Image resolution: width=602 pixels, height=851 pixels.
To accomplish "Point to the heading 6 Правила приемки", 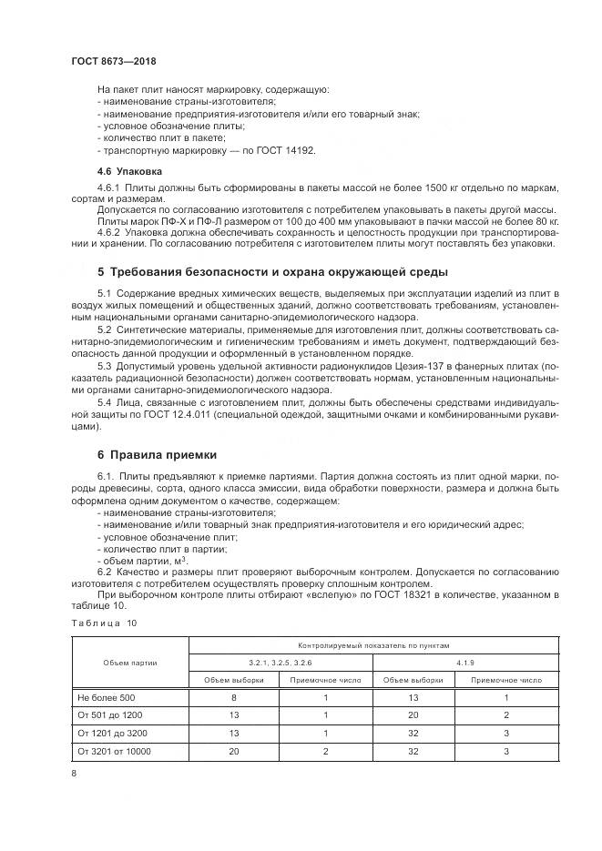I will tap(157, 455).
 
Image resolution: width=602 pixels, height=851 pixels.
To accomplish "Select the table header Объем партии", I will tap(129, 663).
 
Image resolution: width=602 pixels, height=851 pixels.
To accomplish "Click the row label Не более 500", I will tap(108, 697).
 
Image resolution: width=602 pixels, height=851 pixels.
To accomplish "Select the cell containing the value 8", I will tap(234, 697).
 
